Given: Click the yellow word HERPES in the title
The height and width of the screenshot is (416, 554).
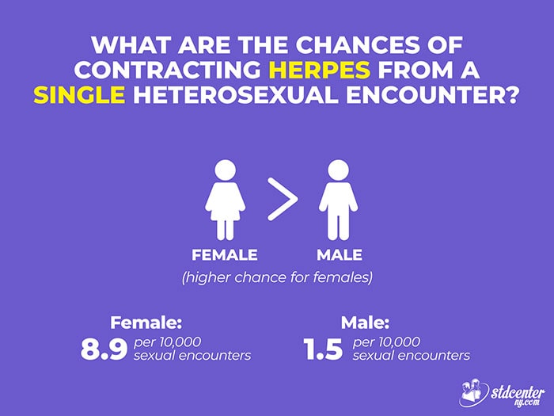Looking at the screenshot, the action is tap(320, 70).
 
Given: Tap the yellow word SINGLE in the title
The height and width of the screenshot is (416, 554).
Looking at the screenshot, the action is tap(79, 95).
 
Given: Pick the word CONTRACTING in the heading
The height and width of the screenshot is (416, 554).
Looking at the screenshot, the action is tap(168, 70).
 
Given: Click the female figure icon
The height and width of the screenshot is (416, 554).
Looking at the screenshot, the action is tap(225, 200).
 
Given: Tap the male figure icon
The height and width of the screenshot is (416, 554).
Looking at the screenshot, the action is tap(338, 200).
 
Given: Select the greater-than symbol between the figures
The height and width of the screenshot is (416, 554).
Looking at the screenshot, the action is tap(283, 199).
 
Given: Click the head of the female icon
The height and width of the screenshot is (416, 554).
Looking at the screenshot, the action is tap(225, 170).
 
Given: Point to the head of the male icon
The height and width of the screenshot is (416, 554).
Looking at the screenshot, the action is tap(338, 170).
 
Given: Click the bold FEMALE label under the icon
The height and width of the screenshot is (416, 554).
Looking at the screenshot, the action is tap(225, 254).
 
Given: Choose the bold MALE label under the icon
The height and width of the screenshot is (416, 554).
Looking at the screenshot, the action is tap(340, 254).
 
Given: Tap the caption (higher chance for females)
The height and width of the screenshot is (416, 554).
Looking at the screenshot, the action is tap(277, 277).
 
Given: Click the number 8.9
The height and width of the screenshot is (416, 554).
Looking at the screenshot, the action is tap(104, 349).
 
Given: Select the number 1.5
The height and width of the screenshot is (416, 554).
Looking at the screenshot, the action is tap(323, 349).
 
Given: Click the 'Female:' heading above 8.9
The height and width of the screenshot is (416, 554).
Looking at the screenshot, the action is tap(146, 322).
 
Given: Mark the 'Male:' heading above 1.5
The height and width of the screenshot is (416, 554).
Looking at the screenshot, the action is tap(365, 322).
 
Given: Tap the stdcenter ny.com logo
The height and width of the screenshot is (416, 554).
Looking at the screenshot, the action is tap(502, 393).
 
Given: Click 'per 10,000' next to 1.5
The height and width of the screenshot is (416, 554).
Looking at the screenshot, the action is tap(386, 342).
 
